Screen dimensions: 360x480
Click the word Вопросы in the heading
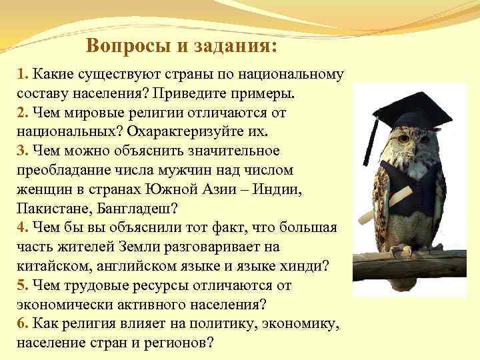[119, 47]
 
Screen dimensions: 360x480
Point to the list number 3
[21, 151]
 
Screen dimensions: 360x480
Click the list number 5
[21, 285]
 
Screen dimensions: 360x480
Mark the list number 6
[21, 323]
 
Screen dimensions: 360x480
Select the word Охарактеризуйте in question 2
[209, 131]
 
